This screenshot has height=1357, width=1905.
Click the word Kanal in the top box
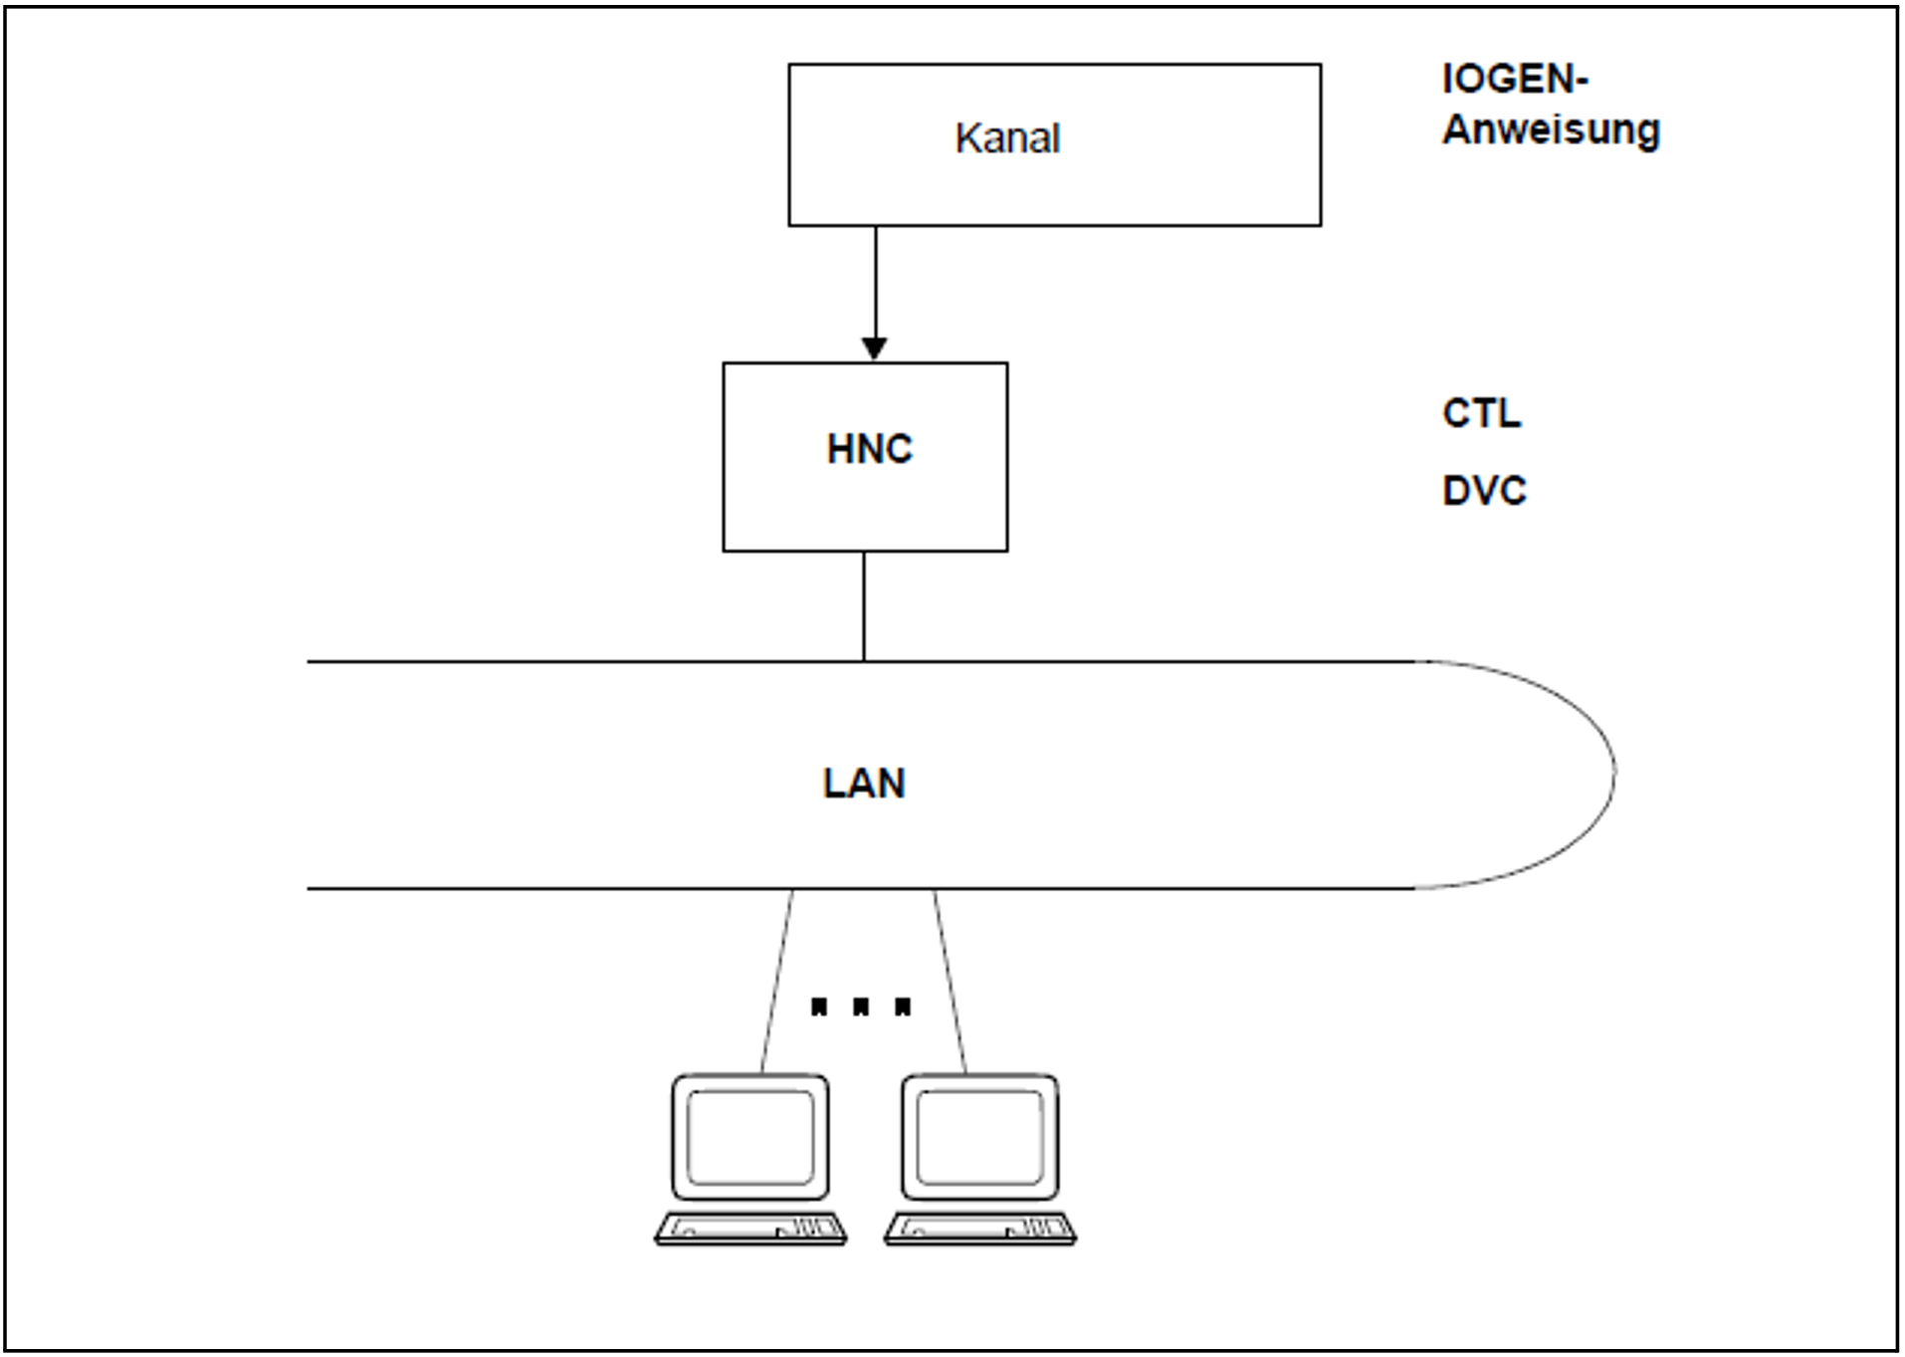[1007, 138]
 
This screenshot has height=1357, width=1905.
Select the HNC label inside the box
[869, 450]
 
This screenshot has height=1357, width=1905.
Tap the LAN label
[864, 784]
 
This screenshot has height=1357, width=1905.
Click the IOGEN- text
[1514, 80]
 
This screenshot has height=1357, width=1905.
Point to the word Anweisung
[1551, 130]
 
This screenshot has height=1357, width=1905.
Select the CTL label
[1481, 413]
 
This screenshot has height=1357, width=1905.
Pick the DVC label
[1484, 491]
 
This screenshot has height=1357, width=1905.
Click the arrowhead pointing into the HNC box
[875, 348]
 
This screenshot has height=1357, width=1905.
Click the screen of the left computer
[750, 1137]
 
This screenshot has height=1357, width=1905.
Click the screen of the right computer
[979, 1137]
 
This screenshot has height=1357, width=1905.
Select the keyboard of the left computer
[750, 1229]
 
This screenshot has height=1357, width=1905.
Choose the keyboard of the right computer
[980, 1229]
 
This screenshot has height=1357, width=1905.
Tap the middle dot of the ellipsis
[861, 1007]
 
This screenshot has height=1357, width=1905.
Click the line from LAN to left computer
[777, 981]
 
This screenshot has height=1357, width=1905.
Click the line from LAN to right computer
[950, 981]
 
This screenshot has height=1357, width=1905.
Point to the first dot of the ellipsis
[819, 1007]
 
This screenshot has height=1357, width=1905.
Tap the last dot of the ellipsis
[903, 1007]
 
